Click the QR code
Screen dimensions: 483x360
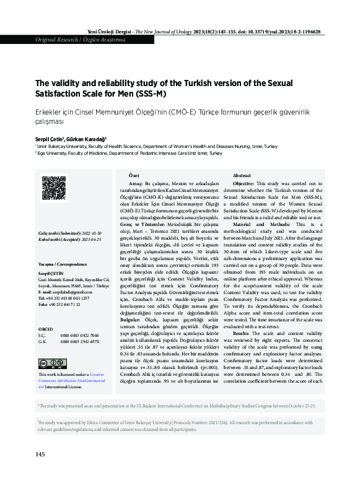coord(53,189)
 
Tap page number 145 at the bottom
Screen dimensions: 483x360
coord(40,454)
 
